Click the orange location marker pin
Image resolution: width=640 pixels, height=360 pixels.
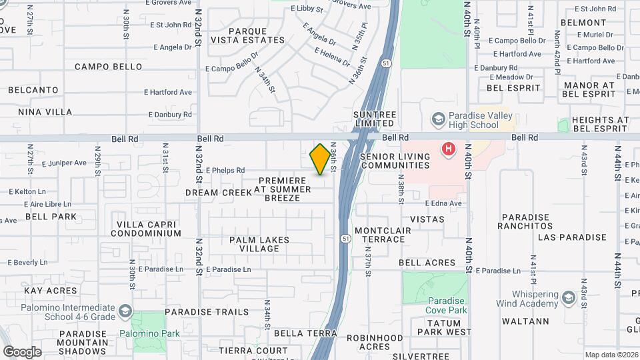click(321, 159)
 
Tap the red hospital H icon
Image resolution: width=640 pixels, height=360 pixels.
click(449, 148)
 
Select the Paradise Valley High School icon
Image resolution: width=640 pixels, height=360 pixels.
click(438, 119)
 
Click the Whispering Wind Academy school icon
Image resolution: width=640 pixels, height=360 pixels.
click(568, 297)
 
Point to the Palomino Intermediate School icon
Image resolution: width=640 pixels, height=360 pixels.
click(125, 311)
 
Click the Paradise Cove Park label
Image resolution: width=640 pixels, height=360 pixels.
click(447, 305)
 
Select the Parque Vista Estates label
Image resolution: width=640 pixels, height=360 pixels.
click(257, 35)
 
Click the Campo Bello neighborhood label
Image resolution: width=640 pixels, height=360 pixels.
click(108, 67)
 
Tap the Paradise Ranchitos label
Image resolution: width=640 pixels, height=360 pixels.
click(525, 221)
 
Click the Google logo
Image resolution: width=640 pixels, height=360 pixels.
click(22, 351)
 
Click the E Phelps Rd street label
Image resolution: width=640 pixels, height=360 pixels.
click(225, 171)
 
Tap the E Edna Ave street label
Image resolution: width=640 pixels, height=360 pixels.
click(443, 203)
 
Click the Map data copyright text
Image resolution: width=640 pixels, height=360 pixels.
click(611, 355)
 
